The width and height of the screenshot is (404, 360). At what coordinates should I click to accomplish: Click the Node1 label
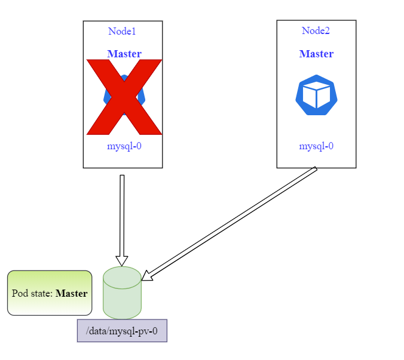[122, 31]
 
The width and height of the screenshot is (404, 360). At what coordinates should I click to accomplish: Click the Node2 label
[316, 30]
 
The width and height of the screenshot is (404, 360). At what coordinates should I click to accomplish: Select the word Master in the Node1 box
[124, 54]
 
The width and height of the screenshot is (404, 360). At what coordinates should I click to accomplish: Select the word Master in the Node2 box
[316, 54]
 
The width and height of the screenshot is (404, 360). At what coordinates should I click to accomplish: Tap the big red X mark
[124, 97]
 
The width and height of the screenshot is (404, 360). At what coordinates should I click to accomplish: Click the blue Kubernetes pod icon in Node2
[316, 95]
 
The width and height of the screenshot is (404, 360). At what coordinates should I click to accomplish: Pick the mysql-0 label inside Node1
[124, 146]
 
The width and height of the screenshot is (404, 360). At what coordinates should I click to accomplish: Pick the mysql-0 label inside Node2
[316, 146]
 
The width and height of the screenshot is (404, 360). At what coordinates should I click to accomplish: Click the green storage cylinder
[122, 296]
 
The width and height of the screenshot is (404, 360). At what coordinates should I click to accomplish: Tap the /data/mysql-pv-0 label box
[122, 330]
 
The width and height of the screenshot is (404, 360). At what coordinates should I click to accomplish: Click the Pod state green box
[50, 293]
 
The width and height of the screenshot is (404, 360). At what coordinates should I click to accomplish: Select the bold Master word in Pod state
[71, 293]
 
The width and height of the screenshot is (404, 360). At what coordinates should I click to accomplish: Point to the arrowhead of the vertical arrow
[122, 260]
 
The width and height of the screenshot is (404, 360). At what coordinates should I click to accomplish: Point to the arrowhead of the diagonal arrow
[146, 275]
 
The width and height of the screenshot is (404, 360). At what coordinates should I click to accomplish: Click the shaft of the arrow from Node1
[122, 215]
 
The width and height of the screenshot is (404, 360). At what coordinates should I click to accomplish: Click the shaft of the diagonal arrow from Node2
[233, 221]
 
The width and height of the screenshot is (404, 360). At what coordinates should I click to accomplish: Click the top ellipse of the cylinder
[122, 277]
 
